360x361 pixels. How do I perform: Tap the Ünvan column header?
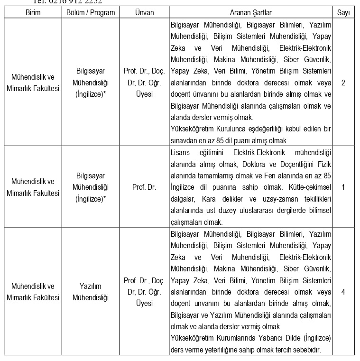[x=144, y=12]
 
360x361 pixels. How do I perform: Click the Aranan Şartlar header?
[x=250, y=12]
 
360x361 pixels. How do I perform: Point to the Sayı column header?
[x=343, y=12]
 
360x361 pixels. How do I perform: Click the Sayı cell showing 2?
[x=343, y=83]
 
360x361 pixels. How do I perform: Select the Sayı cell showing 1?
[x=343, y=187]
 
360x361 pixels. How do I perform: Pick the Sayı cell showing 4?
[x=343, y=291]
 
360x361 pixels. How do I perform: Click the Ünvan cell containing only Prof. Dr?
[x=144, y=187]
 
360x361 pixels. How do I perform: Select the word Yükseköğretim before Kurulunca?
[x=192, y=129]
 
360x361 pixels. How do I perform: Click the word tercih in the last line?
[x=282, y=350]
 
